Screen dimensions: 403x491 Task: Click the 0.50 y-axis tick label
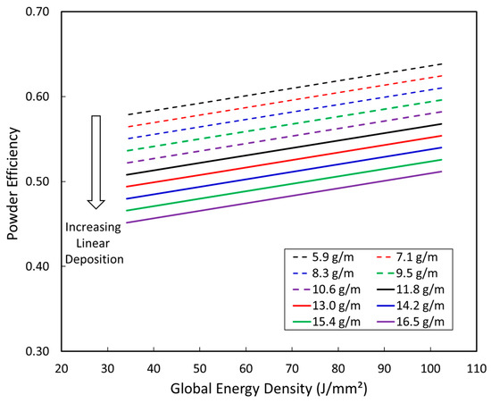click(x=38, y=181)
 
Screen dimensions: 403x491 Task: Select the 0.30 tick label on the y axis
click(x=38, y=350)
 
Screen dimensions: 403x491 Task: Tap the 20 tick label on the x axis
click(x=62, y=367)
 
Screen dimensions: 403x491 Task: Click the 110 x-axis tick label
click(x=476, y=367)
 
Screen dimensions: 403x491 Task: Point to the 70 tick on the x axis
click(x=292, y=367)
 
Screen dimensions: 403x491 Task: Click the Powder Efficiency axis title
click(x=12, y=181)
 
